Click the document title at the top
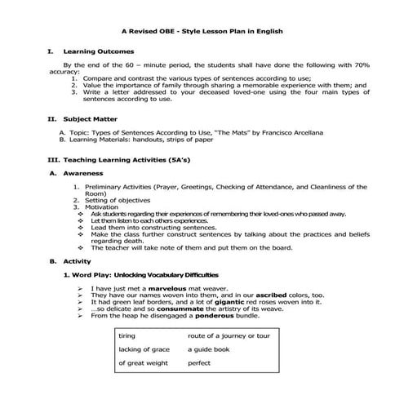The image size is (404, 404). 202,32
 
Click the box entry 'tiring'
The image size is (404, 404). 127,336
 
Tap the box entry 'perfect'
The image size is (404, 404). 199,362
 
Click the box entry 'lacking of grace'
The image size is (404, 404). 144,349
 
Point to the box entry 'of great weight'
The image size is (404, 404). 143,362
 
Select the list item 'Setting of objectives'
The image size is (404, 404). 118,200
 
